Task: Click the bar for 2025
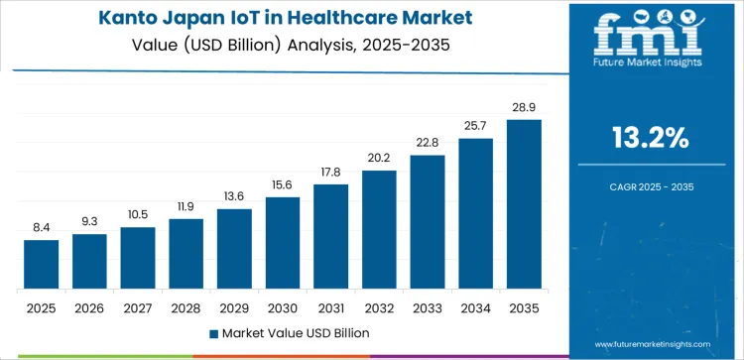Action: [x=42, y=264]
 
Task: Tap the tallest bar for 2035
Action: [x=524, y=204]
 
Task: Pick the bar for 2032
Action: [x=379, y=229]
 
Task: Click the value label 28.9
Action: [x=524, y=105]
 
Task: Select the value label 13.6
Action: [x=234, y=195]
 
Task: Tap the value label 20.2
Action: [x=379, y=157]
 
